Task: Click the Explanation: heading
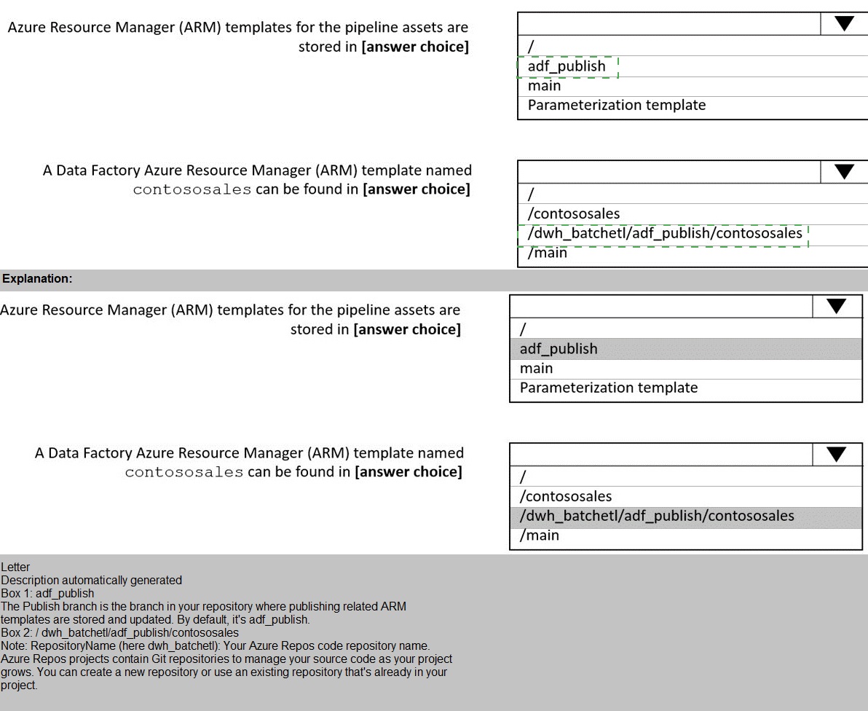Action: click(x=37, y=278)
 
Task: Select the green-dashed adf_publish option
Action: click(x=567, y=66)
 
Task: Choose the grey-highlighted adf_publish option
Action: click(x=559, y=349)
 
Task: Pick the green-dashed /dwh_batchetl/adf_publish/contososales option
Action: click(x=665, y=233)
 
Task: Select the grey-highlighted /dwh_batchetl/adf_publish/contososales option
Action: click(x=657, y=516)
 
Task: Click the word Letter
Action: click(x=15, y=567)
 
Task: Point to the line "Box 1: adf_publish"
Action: click(x=47, y=594)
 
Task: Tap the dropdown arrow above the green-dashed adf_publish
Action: click(x=844, y=24)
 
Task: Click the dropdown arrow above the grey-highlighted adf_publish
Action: click(x=836, y=307)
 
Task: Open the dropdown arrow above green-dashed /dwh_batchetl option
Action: click(x=844, y=172)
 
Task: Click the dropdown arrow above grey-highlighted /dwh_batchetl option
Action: click(x=836, y=455)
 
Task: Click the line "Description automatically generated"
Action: click(x=91, y=581)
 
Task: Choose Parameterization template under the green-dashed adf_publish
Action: click(x=617, y=105)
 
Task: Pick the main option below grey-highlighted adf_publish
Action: click(x=536, y=369)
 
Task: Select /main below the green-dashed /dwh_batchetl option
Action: click(x=548, y=253)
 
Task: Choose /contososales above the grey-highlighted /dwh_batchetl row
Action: click(x=566, y=496)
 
